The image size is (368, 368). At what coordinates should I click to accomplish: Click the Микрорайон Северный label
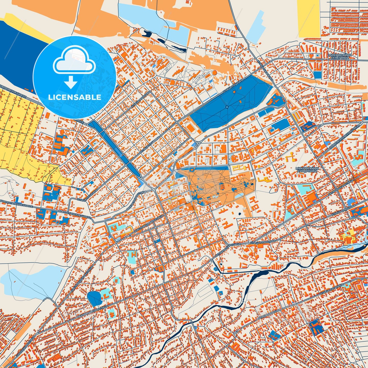(340, 56)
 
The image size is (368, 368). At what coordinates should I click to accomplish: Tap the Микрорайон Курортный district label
(307, 170)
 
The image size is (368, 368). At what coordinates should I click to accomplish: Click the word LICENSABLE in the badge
(75, 97)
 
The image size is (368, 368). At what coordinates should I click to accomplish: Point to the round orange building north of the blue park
(214, 73)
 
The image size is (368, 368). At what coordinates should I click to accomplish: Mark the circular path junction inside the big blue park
(227, 107)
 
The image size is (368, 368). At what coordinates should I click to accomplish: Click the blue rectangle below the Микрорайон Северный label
(317, 75)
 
